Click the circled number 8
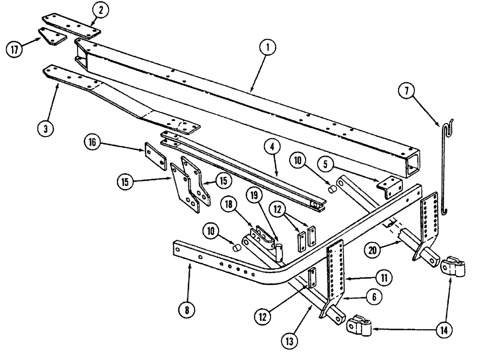click(188, 310)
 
